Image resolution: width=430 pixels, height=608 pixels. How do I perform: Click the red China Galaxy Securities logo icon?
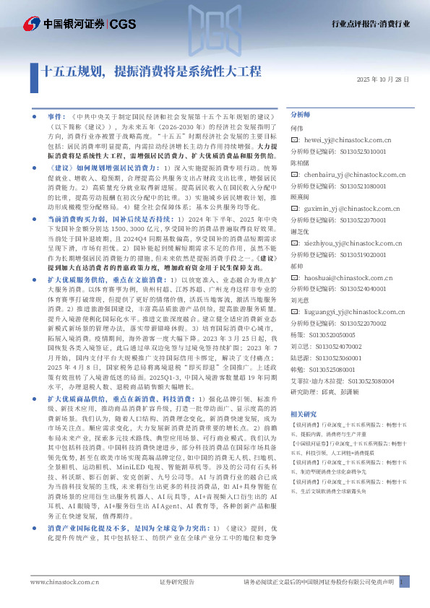(x=30, y=24)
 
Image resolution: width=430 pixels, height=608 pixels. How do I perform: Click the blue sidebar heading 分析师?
(x=300, y=114)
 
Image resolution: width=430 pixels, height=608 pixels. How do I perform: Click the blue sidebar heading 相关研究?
(x=303, y=414)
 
